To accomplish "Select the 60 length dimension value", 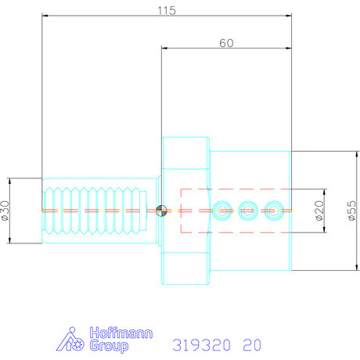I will click(x=226, y=44).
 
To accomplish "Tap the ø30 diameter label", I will click(x=7, y=211).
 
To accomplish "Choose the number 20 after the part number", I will click(x=253, y=344).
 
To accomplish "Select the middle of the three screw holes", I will click(x=248, y=210).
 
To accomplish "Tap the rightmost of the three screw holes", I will click(x=272, y=210).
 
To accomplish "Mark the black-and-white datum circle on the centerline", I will click(x=161, y=210).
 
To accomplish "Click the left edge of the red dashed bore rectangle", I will click(x=181, y=210).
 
